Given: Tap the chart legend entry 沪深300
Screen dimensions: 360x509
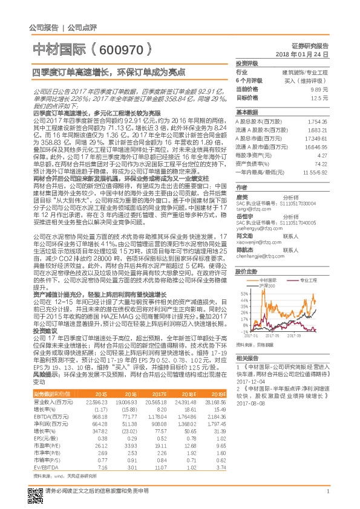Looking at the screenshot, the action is click(x=266, y=285).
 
